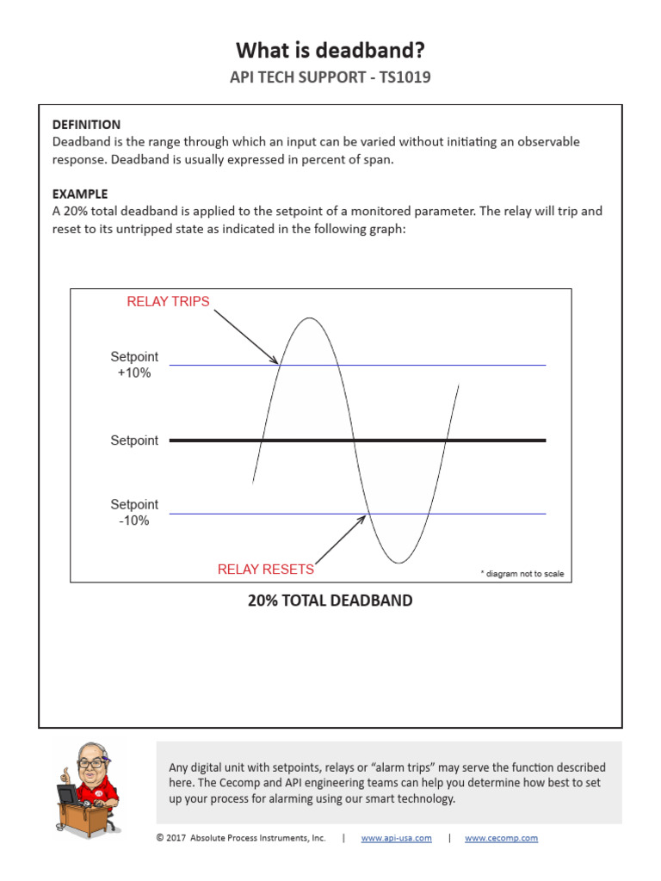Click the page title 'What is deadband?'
[x=330, y=49]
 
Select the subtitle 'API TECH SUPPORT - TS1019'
[x=330, y=77]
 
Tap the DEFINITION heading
[x=86, y=125]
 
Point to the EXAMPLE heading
[x=80, y=194]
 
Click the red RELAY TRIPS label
[x=168, y=301]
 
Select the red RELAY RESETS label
[x=265, y=570]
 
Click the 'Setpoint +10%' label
[x=134, y=365]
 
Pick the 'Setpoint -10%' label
[x=134, y=513]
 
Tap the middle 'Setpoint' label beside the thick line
[x=134, y=440]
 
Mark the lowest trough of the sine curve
[x=398, y=563]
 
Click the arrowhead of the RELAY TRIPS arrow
[x=276, y=362]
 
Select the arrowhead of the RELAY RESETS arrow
[x=365, y=517]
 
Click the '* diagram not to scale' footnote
[x=522, y=574]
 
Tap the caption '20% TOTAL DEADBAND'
[x=330, y=601]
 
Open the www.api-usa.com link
[x=396, y=838]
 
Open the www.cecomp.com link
[x=501, y=838]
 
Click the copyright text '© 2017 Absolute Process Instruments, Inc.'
[x=241, y=838]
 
